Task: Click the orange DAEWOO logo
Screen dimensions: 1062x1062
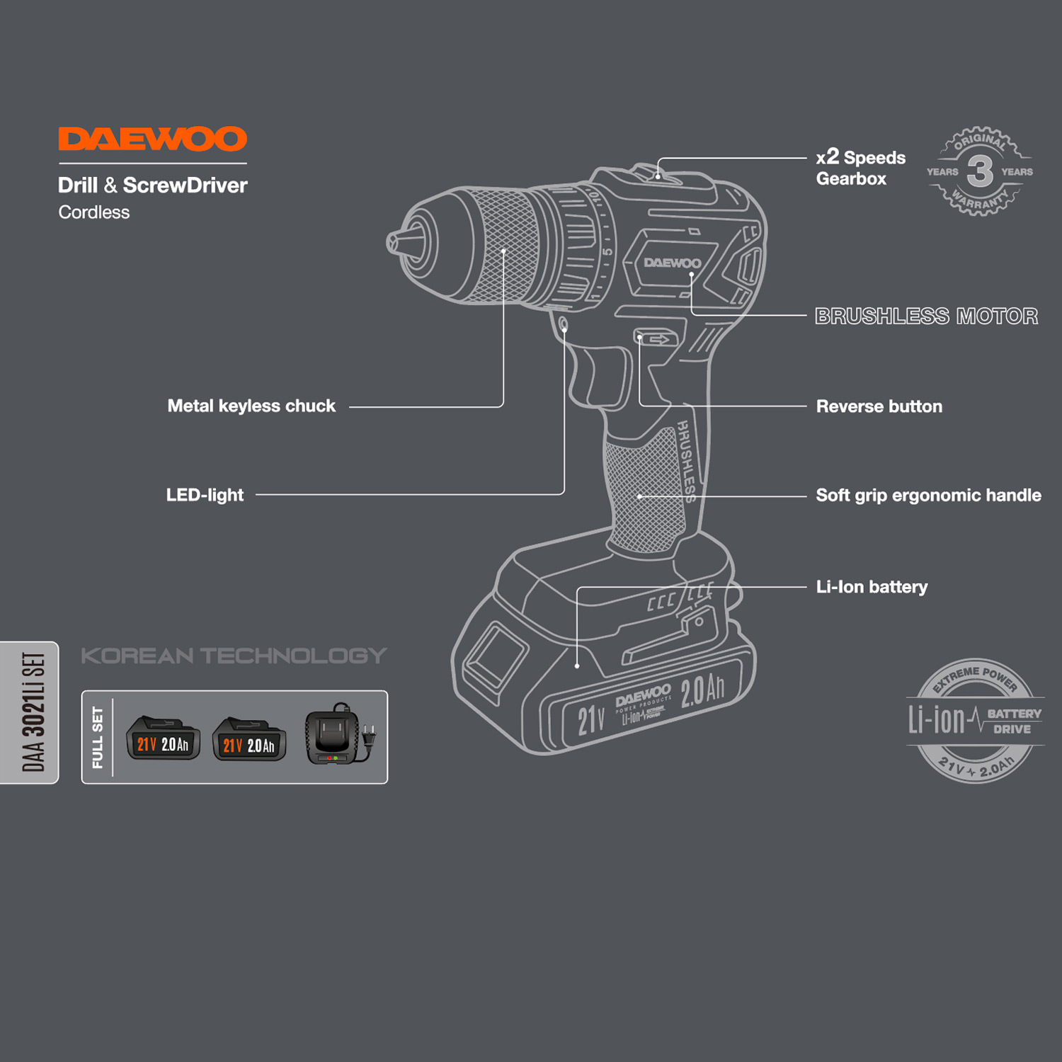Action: click(152, 139)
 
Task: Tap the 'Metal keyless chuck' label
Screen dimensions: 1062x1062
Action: click(251, 406)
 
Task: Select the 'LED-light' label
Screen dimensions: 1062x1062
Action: click(205, 495)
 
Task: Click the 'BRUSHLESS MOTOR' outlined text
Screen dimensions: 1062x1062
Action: click(926, 316)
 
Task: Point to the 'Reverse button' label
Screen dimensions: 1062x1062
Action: click(879, 406)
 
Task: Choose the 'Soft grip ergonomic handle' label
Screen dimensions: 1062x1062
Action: click(928, 495)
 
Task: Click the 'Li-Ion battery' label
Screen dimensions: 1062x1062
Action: click(872, 587)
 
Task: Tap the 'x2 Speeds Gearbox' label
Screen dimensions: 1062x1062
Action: click(860, 168)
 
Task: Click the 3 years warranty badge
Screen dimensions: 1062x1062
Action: click(980, 171)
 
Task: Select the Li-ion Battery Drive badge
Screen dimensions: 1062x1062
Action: click(975, 721)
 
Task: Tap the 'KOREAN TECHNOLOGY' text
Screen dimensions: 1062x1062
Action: click(234, 656)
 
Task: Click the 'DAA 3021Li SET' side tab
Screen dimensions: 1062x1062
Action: click(33, 712)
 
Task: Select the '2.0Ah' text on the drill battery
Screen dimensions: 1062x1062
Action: click(702, 690)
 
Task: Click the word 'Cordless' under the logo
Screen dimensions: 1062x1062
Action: click(94, 212)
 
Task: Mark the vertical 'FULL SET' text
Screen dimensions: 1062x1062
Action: click(98, 737)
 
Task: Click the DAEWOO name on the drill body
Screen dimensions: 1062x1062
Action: click(672, 263)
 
